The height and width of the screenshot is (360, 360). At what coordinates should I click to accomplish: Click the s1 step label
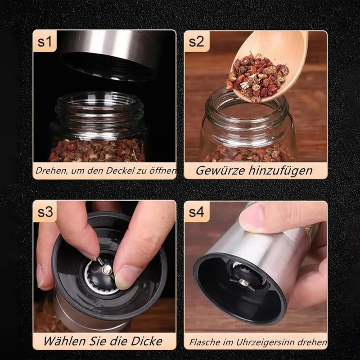point(45,41)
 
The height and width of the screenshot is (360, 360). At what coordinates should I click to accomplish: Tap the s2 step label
point(196,41)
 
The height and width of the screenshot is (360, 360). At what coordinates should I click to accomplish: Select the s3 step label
point(45,212)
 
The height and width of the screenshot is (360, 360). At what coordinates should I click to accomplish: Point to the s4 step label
point(196,212)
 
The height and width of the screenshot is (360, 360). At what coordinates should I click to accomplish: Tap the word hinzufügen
point(280,171)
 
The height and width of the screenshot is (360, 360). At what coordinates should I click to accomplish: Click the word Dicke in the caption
point(147,341)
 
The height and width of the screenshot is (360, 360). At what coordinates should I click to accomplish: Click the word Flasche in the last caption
point(205,342)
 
